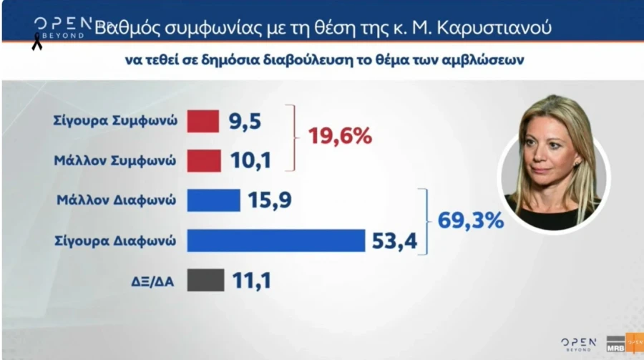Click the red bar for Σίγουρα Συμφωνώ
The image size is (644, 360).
203,122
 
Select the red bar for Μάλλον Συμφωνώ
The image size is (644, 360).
203,161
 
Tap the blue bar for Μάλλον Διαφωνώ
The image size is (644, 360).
213,200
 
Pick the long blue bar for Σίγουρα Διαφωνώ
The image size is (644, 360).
275,240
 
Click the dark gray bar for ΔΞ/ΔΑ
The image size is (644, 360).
205,280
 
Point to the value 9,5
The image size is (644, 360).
245,122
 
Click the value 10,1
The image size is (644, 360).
250,161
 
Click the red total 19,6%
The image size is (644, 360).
340,136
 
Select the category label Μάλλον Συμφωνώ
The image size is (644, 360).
115,161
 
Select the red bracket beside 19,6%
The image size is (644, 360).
292,137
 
